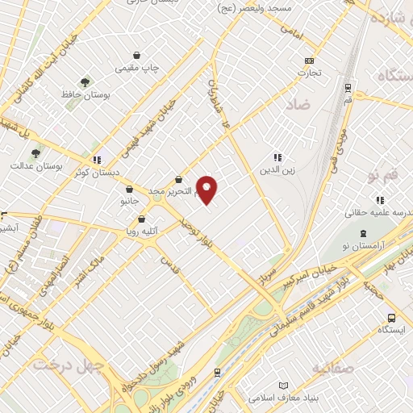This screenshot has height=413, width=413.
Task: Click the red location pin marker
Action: (207, 189)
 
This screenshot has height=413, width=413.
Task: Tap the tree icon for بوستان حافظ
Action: (85, 81)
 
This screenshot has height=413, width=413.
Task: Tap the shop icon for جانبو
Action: (130, 189)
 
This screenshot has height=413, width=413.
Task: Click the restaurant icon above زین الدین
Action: (277, 157)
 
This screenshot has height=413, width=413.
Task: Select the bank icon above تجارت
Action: (309, 60)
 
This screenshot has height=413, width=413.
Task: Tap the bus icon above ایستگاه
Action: (390, 318)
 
